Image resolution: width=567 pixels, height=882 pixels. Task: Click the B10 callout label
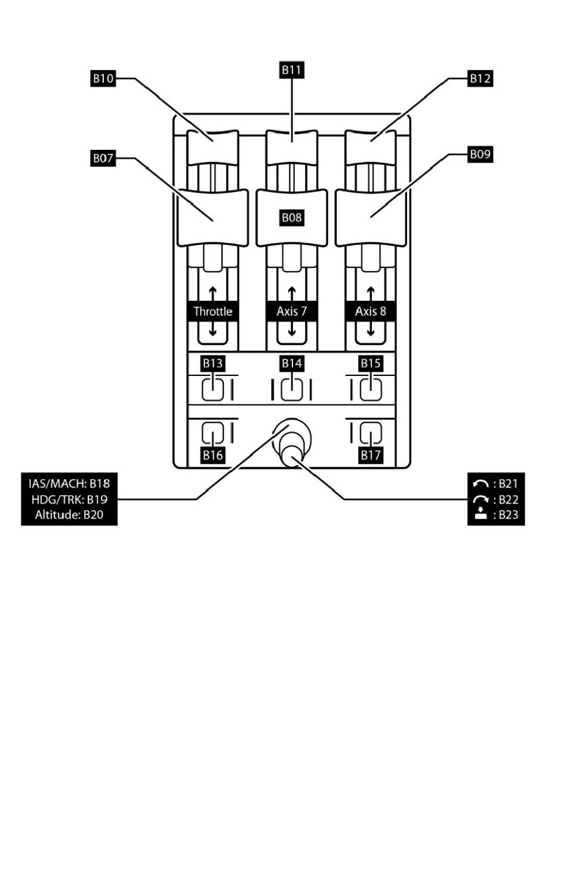tap(103, 78)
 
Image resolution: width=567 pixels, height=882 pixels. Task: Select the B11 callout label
tap(291, 70)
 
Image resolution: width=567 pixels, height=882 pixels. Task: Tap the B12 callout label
tap(480, 78)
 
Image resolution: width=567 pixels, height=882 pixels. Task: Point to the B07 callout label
tap(103, 158)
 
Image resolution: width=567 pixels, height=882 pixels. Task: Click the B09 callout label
tap(480, 154)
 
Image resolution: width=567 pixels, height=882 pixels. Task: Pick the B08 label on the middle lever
tap(291, 218)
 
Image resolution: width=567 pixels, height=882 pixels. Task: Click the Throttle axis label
tap(213, 312)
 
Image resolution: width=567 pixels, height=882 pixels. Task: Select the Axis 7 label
tap(291, 312)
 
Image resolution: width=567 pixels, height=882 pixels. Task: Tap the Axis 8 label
tap(370, 312)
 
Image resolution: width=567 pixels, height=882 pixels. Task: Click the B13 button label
tap(212, 363)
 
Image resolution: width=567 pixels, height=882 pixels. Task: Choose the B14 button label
tap(291, 363)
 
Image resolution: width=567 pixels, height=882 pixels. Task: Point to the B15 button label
tap(370, 363)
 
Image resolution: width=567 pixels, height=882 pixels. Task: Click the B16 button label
tap(212, 455)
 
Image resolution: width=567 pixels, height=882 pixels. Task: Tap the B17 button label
tap(370, 455)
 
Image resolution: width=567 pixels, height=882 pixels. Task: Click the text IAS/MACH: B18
tap(69, 483)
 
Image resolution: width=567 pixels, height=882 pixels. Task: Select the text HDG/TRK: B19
tap(69, 499)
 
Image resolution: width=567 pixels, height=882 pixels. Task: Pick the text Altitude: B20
tap(69, 515)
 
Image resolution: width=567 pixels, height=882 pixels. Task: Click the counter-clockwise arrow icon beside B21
tap(480, 483)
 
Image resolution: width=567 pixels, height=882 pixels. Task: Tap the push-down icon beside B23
tap(480, 514)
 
